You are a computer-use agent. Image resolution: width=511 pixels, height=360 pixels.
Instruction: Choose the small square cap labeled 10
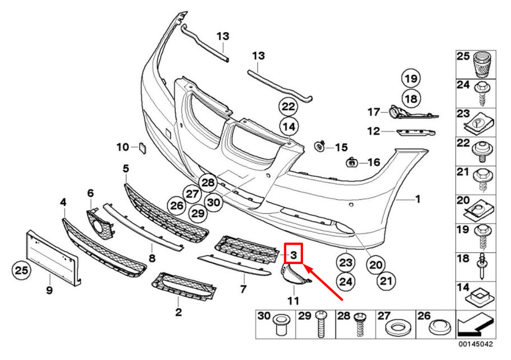(x=143, y=148)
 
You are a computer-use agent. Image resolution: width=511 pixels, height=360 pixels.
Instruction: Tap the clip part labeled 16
(x=352, y=161)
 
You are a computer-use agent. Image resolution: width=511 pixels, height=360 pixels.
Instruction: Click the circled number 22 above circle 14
(x=288, y=107)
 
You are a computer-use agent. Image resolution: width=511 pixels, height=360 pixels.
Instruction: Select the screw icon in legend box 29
(x=321, y=324)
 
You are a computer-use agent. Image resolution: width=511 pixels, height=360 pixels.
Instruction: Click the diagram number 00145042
(x=476, y=344)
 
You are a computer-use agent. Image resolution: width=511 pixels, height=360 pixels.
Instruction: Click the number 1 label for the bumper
(x=418, y=199)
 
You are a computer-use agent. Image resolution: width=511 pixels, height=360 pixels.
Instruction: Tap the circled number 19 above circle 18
(x=411, y=79)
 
